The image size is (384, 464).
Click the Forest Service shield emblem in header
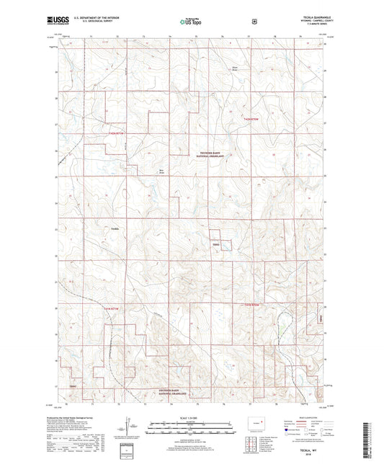point(254,22)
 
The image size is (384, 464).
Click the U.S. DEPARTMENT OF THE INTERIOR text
point(87,19)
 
